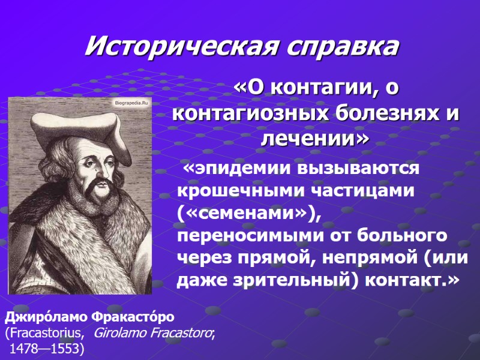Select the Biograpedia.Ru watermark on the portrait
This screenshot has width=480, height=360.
tap(130, 103)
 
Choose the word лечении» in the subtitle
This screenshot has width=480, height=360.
tap(316, 139)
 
